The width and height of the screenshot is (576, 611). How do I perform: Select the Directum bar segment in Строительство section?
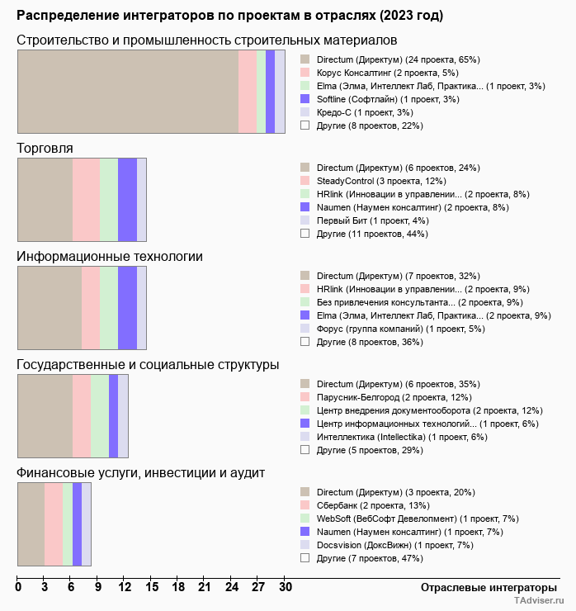(128, 91)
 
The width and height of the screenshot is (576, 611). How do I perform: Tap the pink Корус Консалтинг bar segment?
(248, 91)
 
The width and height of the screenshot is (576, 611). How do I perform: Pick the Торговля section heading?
(45, 148)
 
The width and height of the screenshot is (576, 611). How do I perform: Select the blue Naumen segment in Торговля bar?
(127, 199)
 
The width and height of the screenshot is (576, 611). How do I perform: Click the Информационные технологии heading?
(110, 256)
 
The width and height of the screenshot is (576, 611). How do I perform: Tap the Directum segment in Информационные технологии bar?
(50, 307)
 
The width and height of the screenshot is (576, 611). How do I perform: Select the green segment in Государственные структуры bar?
(100, 415)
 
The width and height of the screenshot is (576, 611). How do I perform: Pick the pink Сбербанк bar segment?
(53, 523)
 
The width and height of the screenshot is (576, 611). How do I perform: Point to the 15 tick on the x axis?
(152, 588)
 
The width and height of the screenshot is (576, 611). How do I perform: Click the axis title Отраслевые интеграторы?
(483, 587)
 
